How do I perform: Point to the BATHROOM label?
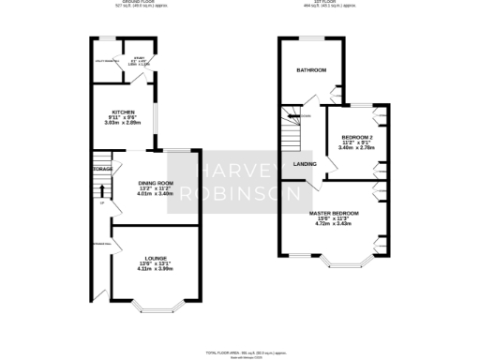pos(311,71)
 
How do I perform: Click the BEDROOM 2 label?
pos(357,137)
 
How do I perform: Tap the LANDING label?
pos(305,164)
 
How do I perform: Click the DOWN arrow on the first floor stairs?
pos(304,116)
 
